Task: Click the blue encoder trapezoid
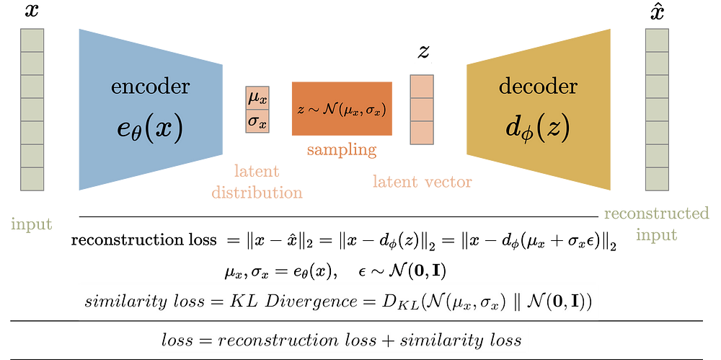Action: (151, 110)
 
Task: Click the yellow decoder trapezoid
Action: (539, 110)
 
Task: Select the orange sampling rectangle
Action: (342, 109)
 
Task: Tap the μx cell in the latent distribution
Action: (257, 98)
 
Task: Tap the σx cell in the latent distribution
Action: (257, 121)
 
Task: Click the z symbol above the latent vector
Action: (423, 51)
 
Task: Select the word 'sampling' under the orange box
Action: (342, 151)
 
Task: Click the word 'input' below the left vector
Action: (31, 224)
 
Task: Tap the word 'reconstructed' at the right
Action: (657, 214)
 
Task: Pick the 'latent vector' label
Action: (422, 182)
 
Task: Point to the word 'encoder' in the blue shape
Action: (151, 87)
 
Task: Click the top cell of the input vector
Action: (32, 40)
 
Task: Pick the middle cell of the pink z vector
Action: (422, 110)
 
